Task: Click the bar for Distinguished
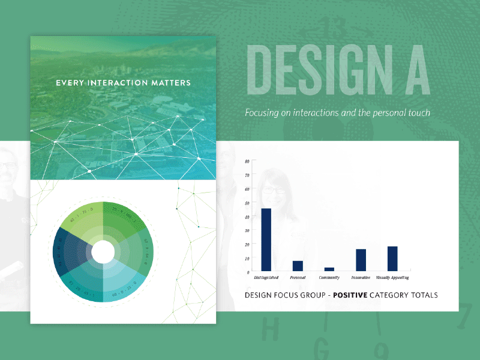tap(266, 239)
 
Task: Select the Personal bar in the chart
tap(298, 265)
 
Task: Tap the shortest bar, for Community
tap(329, 269)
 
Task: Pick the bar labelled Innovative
tap(361, 259)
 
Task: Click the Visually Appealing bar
tap(392, 258)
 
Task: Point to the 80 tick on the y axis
tap(247, 162)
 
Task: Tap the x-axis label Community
tap(329, 278)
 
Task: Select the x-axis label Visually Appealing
tap(392, 278)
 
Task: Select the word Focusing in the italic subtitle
tap(260, 113)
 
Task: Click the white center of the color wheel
tap(103, 252)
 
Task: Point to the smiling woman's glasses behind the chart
tap(274, 191)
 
